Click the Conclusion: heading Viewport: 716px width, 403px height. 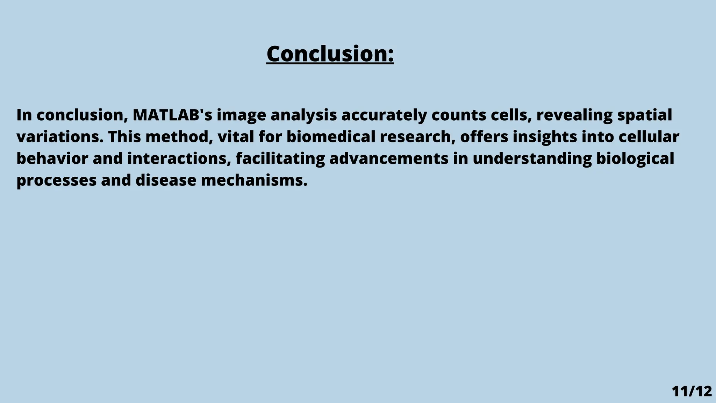[x=330, y=54]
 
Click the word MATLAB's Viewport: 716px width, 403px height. [x=172, y=115]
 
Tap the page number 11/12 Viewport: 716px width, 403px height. [x=692, y=391]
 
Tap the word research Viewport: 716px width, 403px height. [x=417, y=137]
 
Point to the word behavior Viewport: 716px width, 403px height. [x=52, y=158]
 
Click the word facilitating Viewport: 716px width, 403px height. [x=280, y=158]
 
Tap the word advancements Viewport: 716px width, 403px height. [x=389, y=158]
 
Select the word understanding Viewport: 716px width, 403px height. [x=532, y=158]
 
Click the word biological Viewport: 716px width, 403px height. [x=635, y=158]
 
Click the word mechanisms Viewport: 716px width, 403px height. [x=254, y=181]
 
